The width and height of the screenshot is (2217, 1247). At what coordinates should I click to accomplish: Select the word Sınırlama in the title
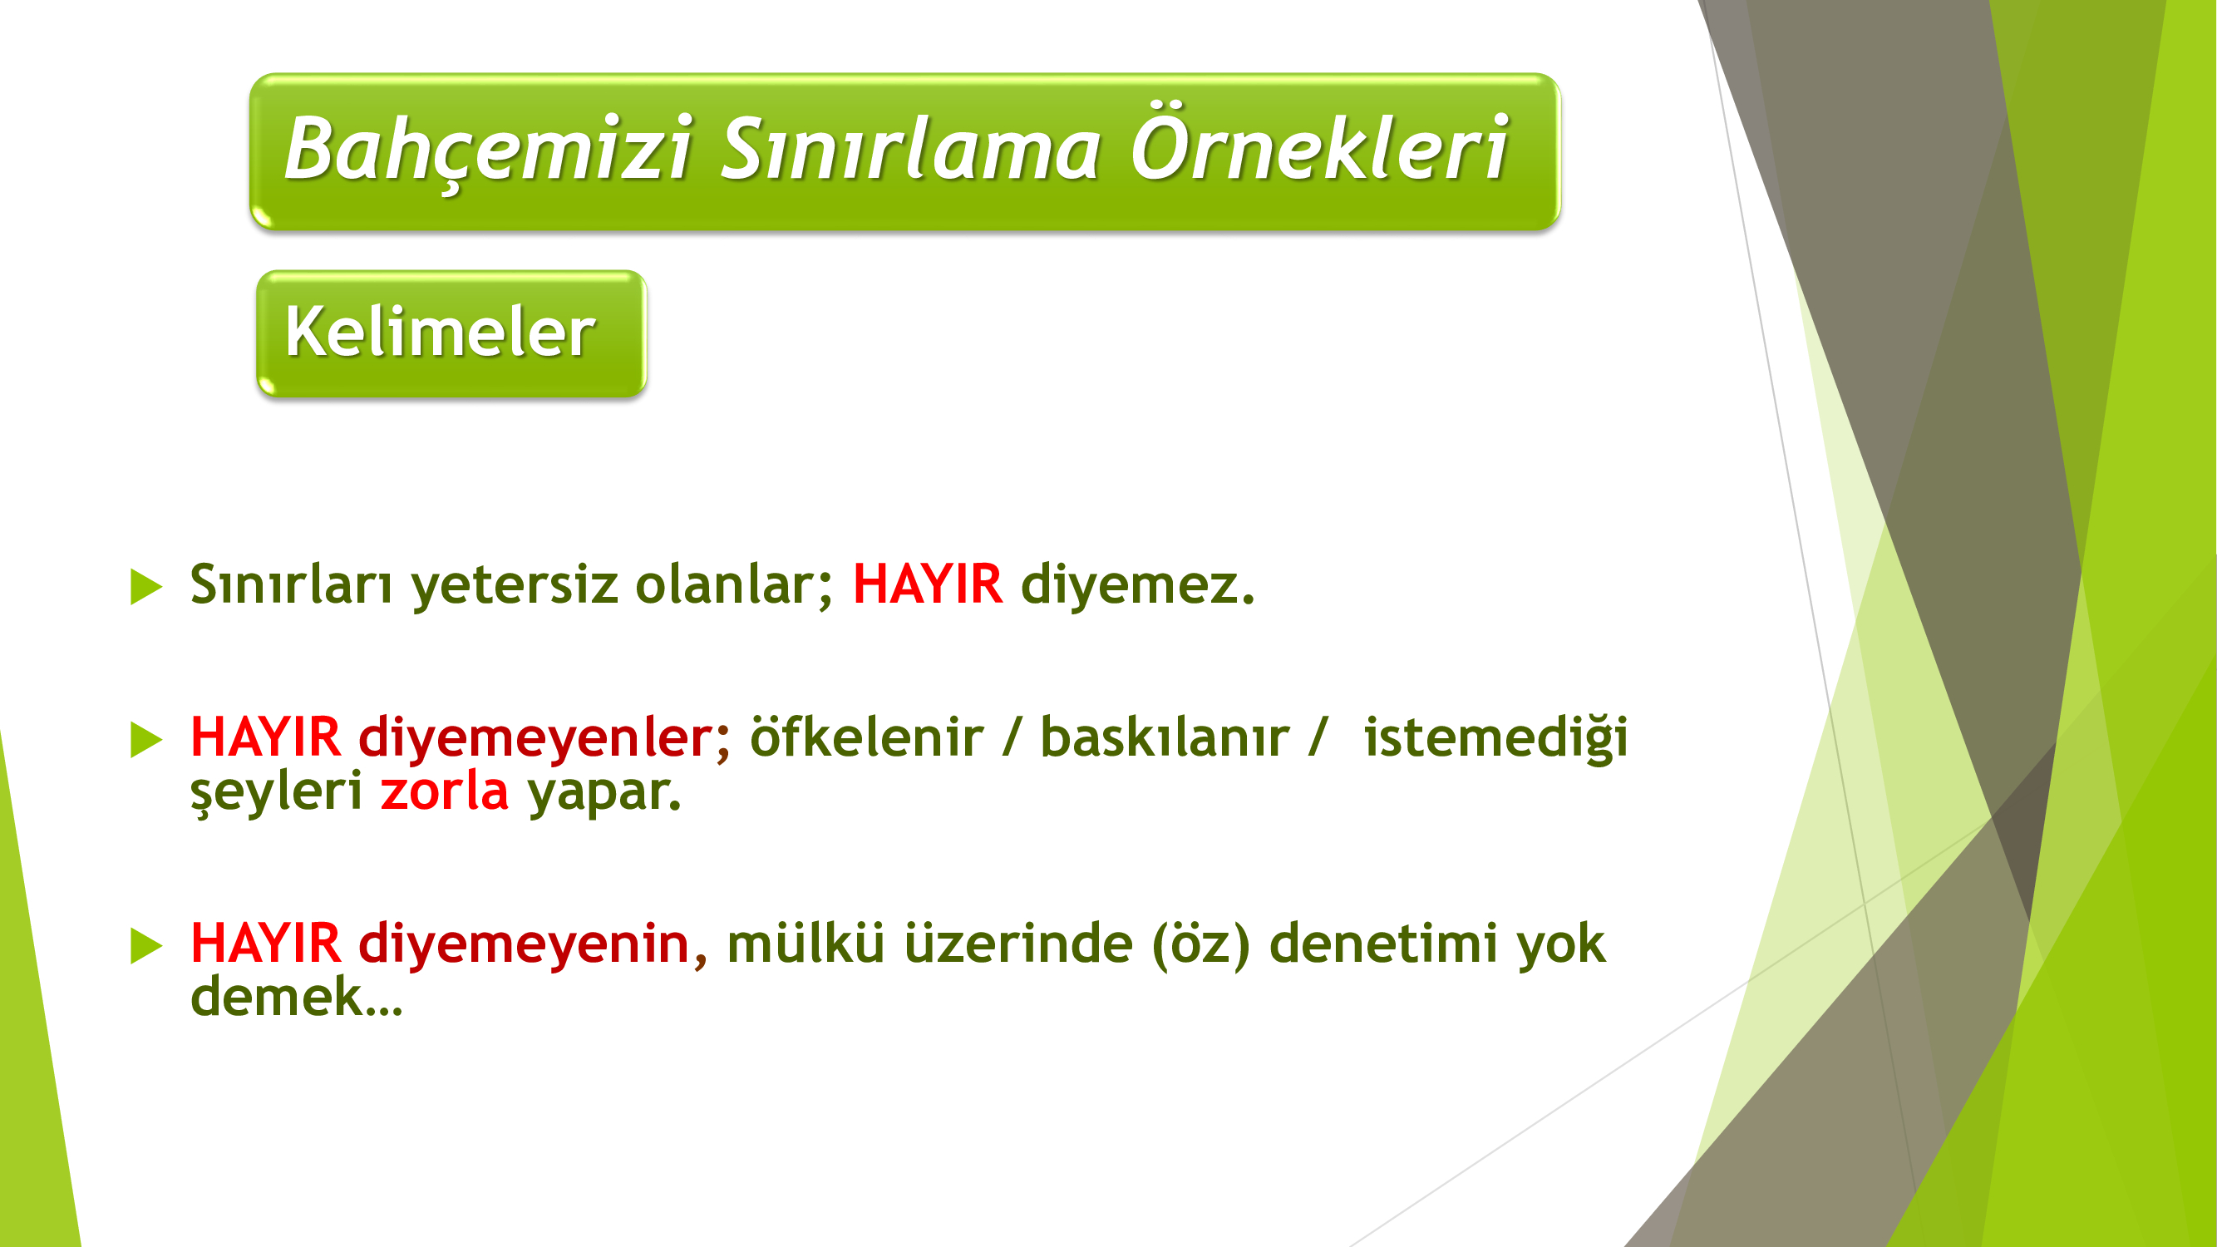click(x=910, y=149)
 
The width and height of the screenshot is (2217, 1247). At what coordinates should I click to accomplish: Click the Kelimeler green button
click(x=451, y=334)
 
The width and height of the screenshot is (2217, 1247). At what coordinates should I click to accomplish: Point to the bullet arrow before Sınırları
click(x=146, y=587)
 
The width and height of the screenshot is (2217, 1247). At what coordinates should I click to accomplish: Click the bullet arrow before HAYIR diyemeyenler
click(x=146, y=740)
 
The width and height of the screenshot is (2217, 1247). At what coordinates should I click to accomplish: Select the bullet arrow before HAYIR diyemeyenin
click(x=146, y=946)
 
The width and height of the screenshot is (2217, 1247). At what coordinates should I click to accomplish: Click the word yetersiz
click(x=514, y=585)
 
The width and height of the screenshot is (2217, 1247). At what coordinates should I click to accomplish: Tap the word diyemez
click(x=1138, y=585)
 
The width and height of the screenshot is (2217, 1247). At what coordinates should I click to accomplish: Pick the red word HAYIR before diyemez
click(x=927, y=584)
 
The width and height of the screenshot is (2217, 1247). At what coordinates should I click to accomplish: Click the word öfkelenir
click(x=866, y=737)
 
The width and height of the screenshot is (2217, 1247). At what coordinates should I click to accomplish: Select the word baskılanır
click(x=1165, y=737)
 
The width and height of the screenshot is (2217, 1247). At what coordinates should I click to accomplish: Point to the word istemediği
click(x=1495, y=737)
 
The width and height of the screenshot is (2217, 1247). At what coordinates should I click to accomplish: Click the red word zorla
click(x=444, y=790)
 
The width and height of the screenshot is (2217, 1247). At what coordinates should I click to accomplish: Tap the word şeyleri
click(x=276, y=792)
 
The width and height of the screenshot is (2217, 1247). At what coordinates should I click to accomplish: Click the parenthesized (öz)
click(x=1200, y=944)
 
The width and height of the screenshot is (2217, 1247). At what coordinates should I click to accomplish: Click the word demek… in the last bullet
click(x=296, y=996)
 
